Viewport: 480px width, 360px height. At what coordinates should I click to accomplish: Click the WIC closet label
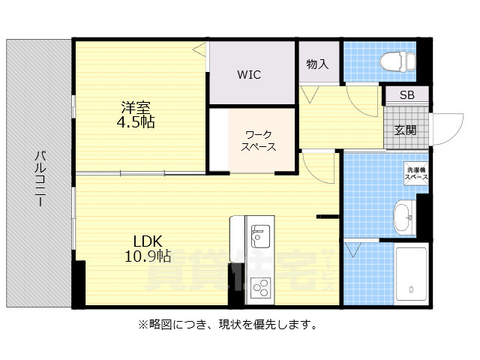[x=250, y=74]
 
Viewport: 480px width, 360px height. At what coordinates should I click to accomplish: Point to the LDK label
[x=148, y=241]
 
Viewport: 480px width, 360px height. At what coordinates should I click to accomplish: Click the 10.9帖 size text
[x=148, y=256]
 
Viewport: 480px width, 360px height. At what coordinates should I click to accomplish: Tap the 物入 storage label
[x=317, y=64]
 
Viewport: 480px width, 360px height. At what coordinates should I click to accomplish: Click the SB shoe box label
[x=406, y=95]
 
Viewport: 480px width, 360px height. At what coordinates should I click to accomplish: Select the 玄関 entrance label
[x=406, y=130]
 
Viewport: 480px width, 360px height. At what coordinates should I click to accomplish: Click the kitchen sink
[x=260, y=236]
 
